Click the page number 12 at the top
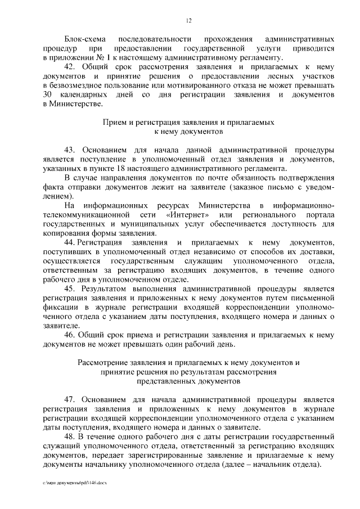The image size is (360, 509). tap(188, 21)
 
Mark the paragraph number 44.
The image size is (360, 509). tap(71, 242)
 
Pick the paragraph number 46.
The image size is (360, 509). tap(70, 335)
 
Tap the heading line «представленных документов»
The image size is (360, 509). tap(188, 381)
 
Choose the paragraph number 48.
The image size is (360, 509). tap(70, 436)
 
